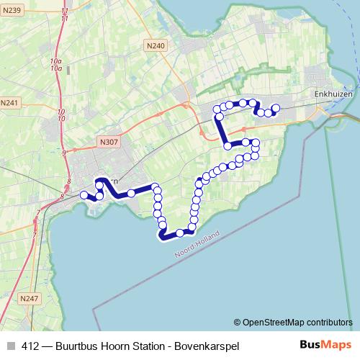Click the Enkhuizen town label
(332, 93)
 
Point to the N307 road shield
(109, 143)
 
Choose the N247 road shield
(29, 298)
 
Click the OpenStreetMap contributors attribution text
(297, 323)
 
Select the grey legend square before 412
(11, 346)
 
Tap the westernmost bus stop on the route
(84, 195)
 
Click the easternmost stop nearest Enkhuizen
(275, 108)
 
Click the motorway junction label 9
(64, 153)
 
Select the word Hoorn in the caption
(109, 346)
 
